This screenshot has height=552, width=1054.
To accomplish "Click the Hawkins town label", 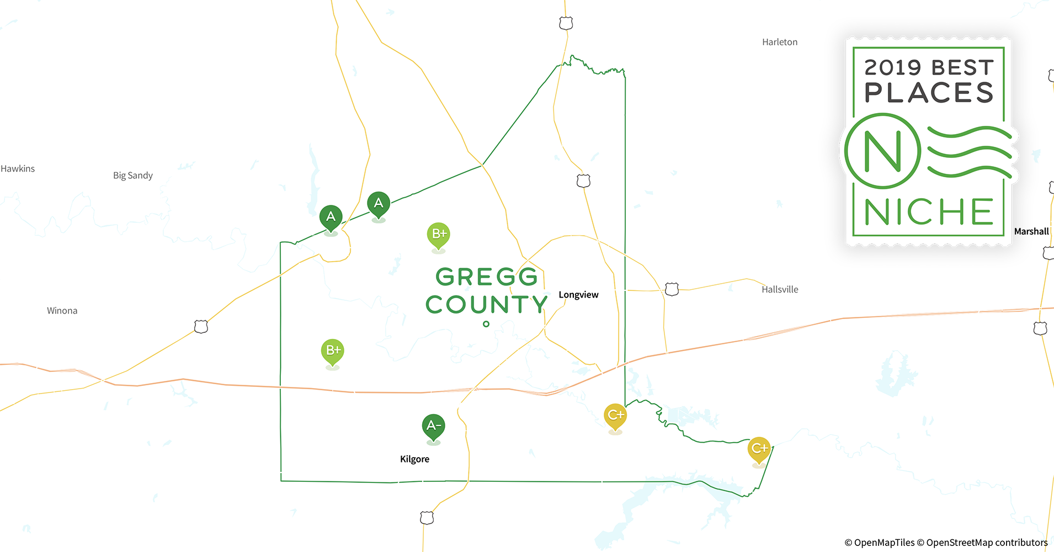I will (x=18, y=168).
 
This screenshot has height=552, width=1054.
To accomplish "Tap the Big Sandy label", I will (x=133, y=176).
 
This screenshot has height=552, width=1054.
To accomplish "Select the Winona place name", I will (x=62, y=311).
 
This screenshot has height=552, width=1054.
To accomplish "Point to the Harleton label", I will (x=779, y=42).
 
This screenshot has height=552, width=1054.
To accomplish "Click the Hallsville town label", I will (x=780, y=289).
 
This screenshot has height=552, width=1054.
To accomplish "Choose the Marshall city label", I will (x=1031, y=231).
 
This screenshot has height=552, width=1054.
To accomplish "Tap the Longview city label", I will (x=578, y=295).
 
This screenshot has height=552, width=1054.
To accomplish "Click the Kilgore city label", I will (x=414, y=459).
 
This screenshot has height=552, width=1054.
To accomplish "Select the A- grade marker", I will (x=433, y=426).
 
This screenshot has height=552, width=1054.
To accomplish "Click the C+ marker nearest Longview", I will (x=615, y=416).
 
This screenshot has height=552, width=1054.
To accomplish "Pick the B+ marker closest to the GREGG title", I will (x=439, y=235).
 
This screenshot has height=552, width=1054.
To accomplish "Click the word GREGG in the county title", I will (x=487, y=277).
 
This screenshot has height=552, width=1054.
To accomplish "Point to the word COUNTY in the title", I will (x=487, y=305).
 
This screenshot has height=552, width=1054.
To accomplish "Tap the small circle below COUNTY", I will (x=486, y=324).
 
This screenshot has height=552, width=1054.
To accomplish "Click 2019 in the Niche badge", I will (x=892, y=68).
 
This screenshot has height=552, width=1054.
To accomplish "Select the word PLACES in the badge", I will (x=929, y=93).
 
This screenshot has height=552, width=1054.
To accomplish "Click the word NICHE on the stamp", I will (x=929, y=212).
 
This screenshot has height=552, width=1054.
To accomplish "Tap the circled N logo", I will (x=882, y=151).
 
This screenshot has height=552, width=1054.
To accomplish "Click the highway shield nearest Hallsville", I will (x=672, y=289).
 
